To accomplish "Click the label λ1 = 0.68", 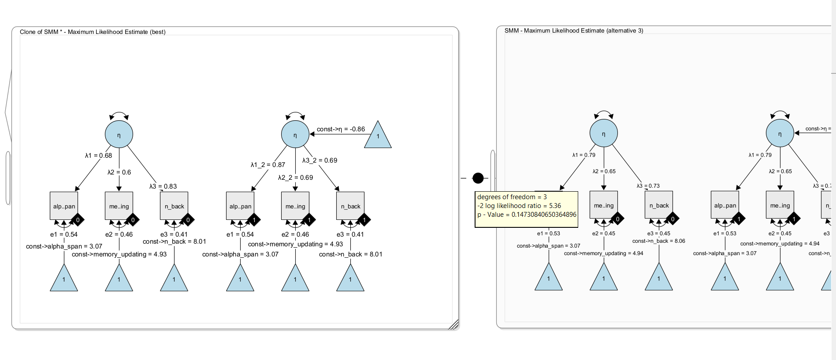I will coord(99,156).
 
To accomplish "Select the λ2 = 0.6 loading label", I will coord(119,172).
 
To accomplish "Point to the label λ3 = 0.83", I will coord(163,186).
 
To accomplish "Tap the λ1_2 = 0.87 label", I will coord(268,165).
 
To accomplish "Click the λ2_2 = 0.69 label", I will coord(295,178).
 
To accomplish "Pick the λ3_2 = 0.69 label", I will coord(320,160).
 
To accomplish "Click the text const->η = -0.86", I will coord(341,129).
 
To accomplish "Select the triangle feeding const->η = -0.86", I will coord(378,135).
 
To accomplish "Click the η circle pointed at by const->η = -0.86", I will coord(295,134).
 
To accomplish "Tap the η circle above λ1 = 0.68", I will coord(119,134).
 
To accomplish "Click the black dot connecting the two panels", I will coord(478,178).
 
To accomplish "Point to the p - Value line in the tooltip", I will coord(527,215).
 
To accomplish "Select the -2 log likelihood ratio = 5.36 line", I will coord(519,206).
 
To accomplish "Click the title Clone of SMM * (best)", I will coord(93,32).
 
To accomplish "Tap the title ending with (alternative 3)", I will coord(574,30).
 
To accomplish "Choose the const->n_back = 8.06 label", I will coord(658,241).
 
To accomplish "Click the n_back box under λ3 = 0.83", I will coord(174,206).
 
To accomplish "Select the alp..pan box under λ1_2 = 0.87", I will coord(240,206).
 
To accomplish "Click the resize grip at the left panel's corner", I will coord(454,325).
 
